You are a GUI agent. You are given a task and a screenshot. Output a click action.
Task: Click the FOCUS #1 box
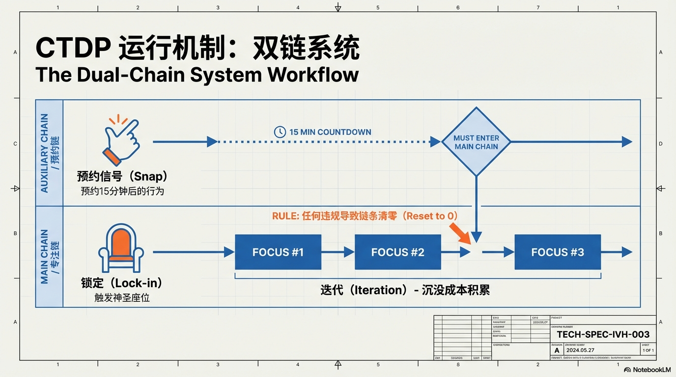tap(278, 252)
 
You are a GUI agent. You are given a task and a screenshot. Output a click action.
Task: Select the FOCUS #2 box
tap(397, 252)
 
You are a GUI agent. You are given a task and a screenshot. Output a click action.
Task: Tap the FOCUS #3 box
tap(558, 252)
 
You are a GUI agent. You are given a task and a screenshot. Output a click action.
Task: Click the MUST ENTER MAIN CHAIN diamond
tap(476, 142)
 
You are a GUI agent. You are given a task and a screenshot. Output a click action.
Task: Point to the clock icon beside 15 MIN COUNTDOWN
tap(280, 132)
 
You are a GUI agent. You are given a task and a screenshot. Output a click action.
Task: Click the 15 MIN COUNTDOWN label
tap(330, 132)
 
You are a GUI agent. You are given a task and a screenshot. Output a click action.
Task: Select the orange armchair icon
tap(121, 248)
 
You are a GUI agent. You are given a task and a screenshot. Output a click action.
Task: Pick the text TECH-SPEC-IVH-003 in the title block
tap(603, 335)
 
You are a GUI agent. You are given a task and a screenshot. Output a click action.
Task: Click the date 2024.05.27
tap(581, 350)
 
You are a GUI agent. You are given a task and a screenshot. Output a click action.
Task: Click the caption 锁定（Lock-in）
tap(121, 283)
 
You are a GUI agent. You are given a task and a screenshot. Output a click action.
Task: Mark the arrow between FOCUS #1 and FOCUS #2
tap(338, 252)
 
